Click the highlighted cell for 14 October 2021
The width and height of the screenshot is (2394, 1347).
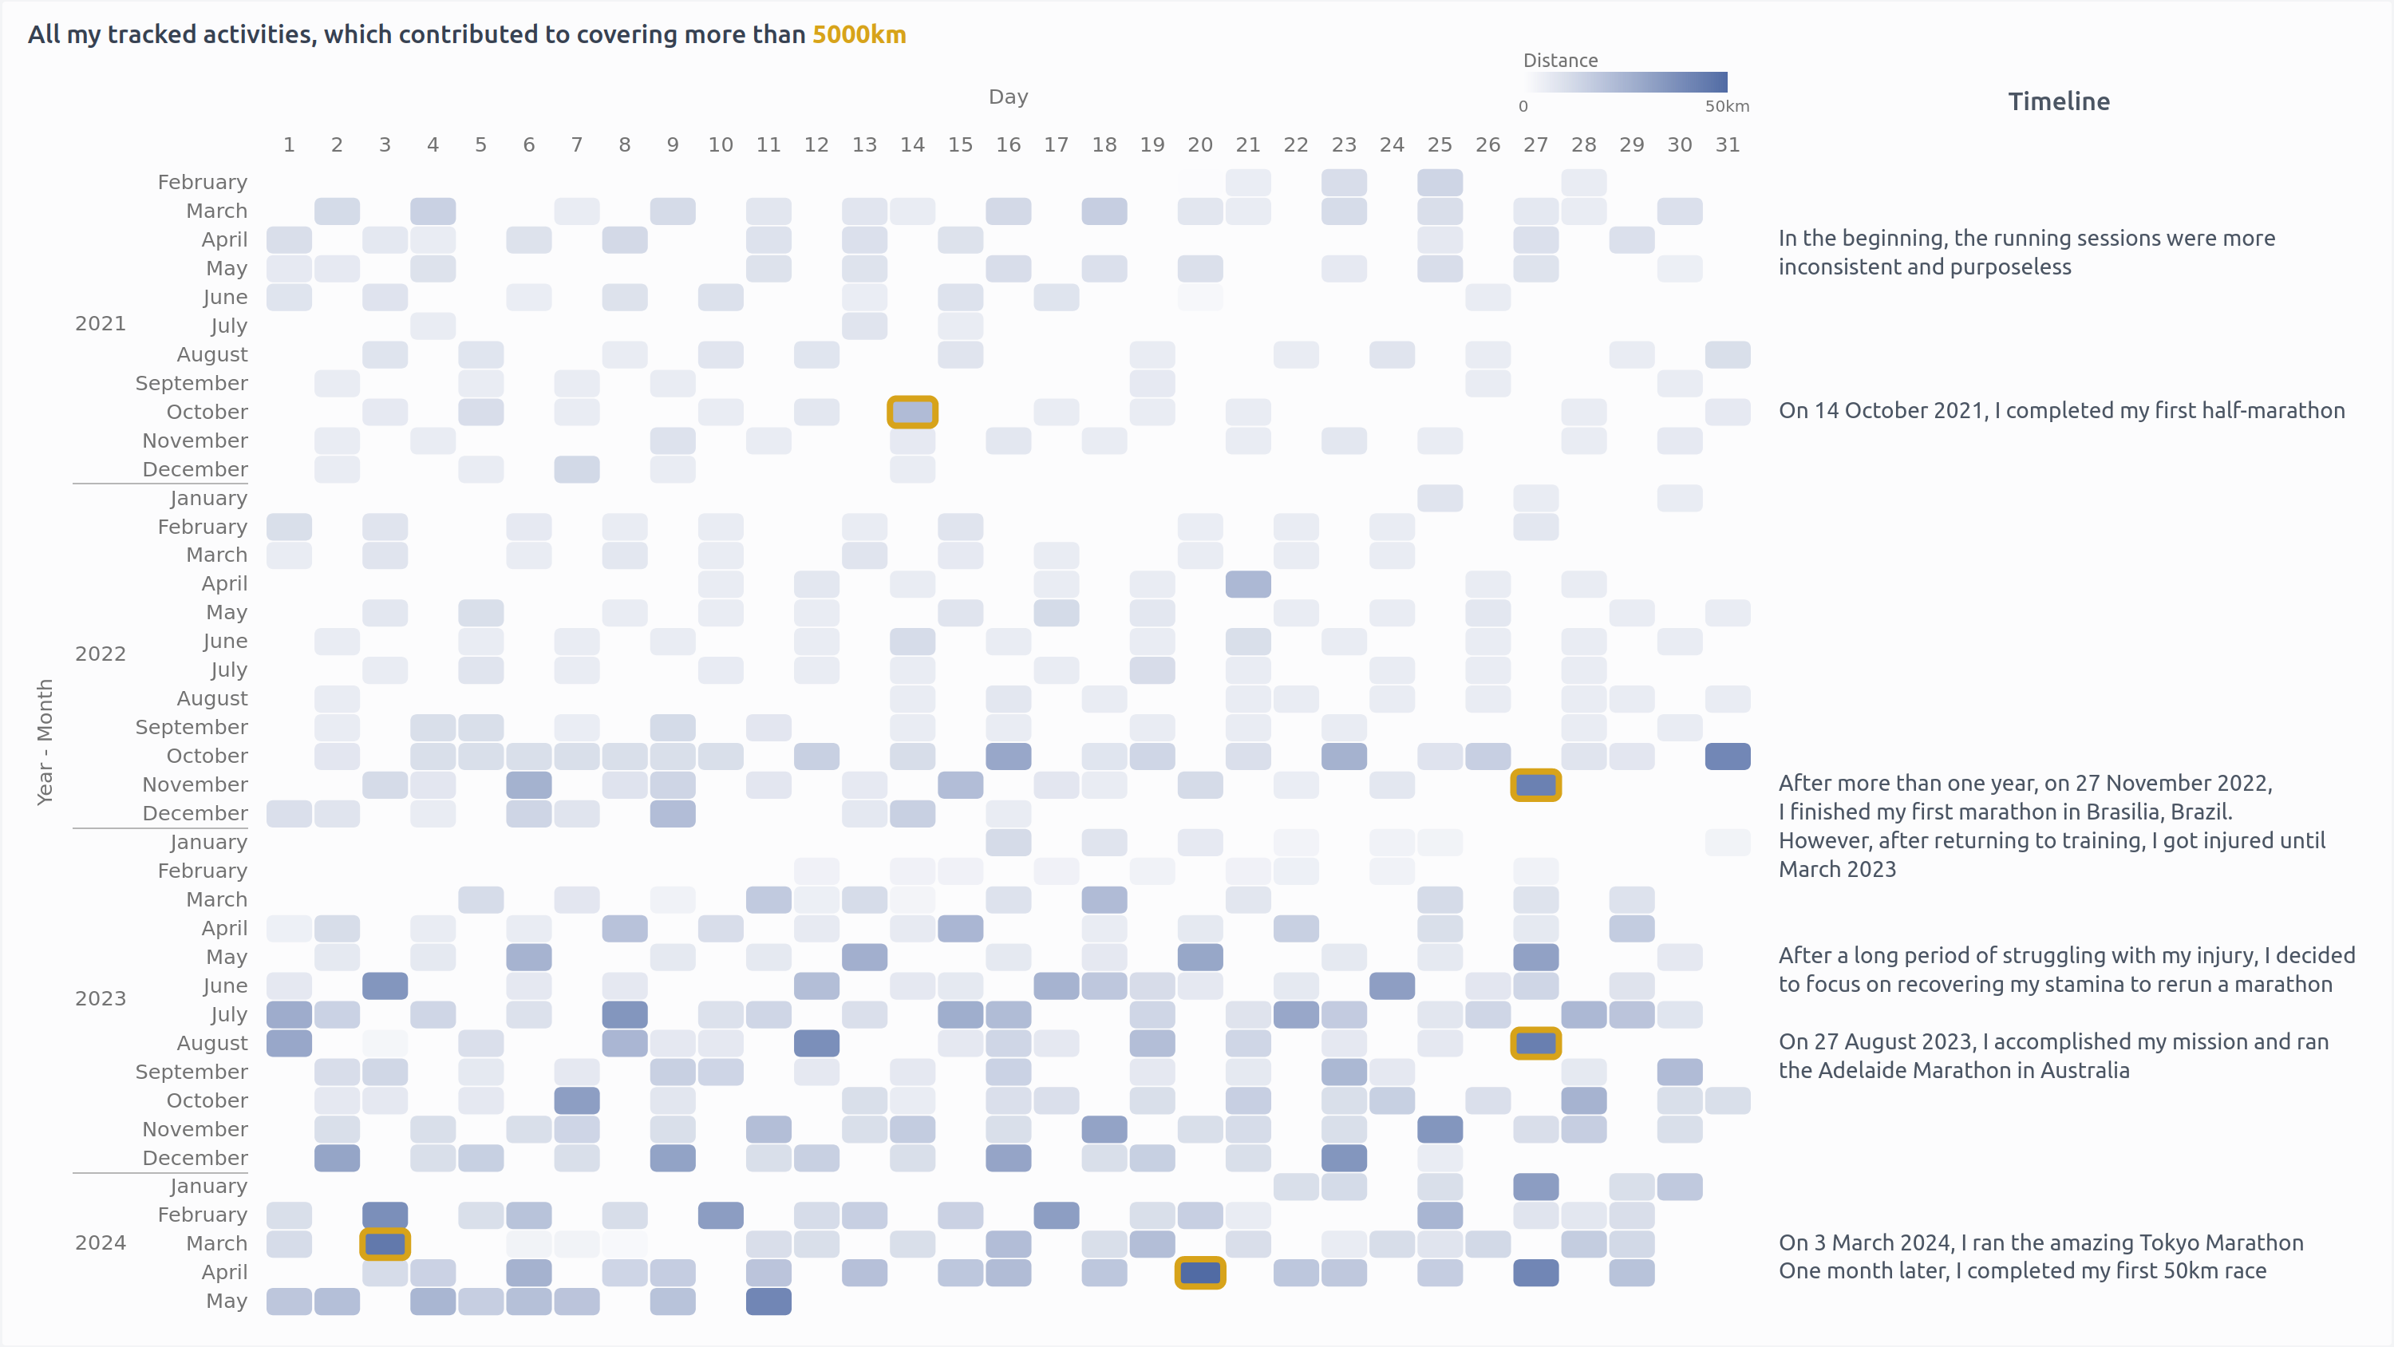(911, 412)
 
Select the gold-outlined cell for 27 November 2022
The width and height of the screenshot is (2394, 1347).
(1535, 785)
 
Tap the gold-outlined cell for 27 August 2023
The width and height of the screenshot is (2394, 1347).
(1535, 1043)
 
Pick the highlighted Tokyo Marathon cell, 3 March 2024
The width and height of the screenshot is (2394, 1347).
(385, 1244)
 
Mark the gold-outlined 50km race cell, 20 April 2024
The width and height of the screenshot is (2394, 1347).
(1199, 1273)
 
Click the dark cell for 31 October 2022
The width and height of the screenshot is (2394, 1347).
(1727, 756)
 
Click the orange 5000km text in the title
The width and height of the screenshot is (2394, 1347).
(859, 34)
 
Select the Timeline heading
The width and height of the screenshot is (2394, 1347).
(2059, 101)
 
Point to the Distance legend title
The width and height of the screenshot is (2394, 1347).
(1559, 61)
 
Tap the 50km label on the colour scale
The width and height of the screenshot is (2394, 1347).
(1726, 106)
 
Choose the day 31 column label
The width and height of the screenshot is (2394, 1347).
(1727, 145)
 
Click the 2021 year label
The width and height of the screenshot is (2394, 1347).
(101, 323)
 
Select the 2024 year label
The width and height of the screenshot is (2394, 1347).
(101, 1243)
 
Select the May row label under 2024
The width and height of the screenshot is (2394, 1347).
(226, 1301)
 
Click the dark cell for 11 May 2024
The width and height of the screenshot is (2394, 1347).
(768, 1302)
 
